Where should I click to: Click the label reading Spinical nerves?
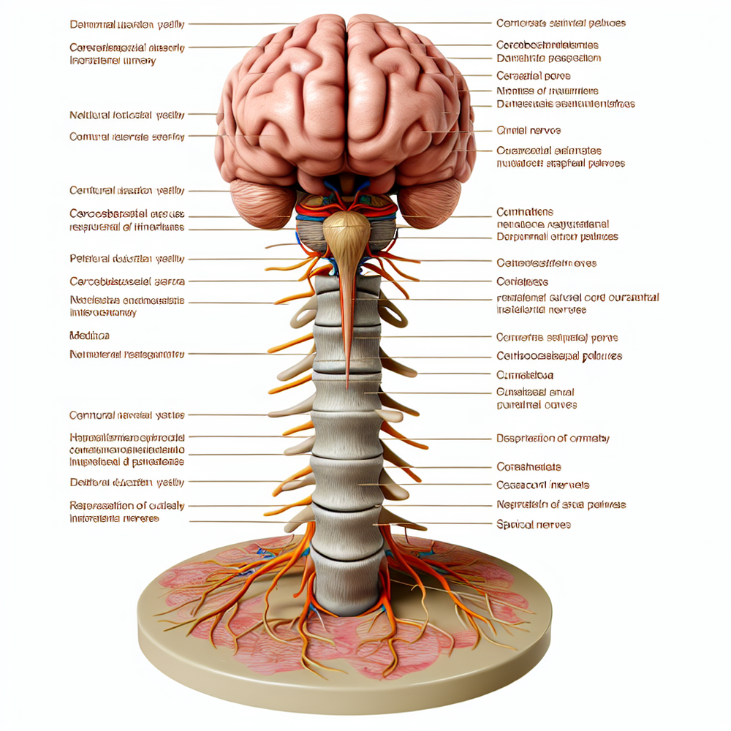pyautogui.click(x=533, y=525)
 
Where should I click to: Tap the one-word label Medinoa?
pyautogui.click(x=89, y=336)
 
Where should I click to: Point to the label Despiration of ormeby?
pyautogui.click(x=553, y=439)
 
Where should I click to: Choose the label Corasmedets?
pyautogui.click(x=529, y=466)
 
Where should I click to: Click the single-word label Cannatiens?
pyautogui.click(x=524, y=212)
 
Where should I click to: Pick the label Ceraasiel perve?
pyautogui.click(x=533, y=75)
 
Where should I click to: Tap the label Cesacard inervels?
pyautogui.click(x=542, y=485)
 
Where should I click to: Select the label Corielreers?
pyautogui.click(x=522, y=281)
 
